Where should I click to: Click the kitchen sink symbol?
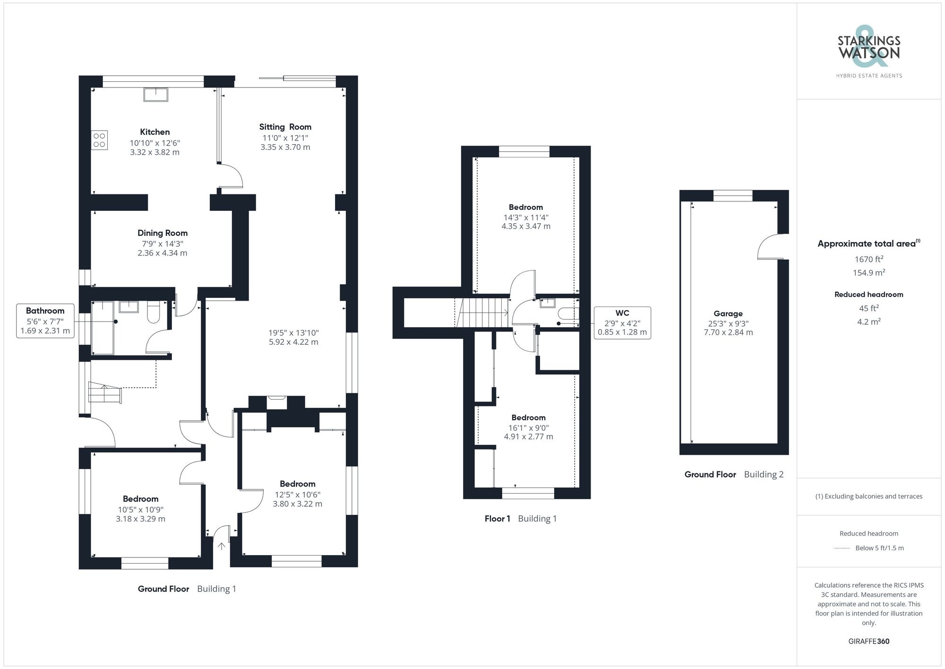155,95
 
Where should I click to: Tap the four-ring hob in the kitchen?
99,140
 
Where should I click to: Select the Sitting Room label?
285,127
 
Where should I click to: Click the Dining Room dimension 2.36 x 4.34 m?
162,253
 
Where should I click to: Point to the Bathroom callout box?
45,321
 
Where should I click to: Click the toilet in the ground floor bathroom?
154,313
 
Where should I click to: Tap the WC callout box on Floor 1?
622,322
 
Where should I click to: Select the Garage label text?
728,313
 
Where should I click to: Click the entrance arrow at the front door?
222,546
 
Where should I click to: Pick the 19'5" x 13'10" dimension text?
293,332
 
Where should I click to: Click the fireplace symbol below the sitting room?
276,402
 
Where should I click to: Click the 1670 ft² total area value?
868,259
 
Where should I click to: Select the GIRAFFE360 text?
868,641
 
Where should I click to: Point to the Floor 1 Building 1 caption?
520,519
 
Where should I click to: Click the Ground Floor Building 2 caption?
733,474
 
